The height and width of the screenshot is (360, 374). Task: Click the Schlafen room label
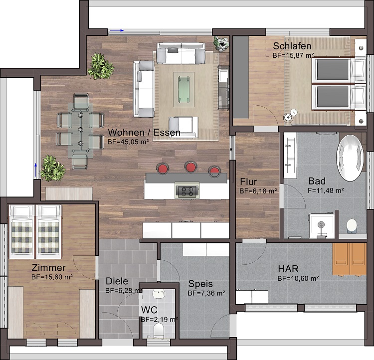292,46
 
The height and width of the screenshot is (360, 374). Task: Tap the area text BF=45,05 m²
129,142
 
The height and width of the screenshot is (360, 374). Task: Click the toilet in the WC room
159,331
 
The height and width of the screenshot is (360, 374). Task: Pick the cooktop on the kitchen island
187,190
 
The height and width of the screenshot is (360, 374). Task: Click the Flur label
248,181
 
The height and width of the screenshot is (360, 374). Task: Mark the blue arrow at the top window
116,30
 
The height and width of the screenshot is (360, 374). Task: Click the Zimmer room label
48,267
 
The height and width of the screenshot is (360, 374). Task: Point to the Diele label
117,281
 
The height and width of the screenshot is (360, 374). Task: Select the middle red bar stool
191,168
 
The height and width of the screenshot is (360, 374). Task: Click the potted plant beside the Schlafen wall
221,44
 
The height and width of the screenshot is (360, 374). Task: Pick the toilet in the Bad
352,225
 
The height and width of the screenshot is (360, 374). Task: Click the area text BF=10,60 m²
298,278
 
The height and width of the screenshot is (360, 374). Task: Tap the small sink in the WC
159,294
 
